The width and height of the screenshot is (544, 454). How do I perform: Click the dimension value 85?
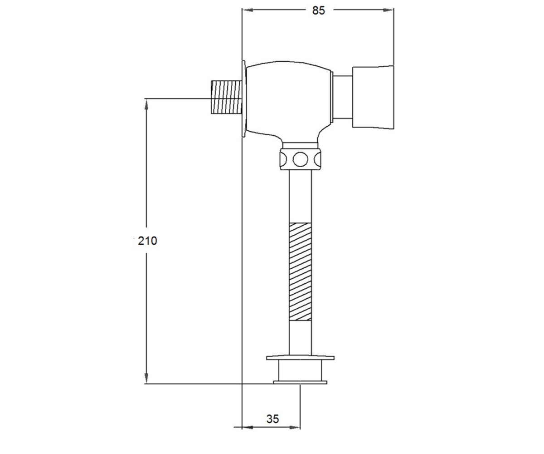318,10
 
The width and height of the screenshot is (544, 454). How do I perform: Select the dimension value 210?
147,241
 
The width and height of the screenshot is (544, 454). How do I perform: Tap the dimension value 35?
272,419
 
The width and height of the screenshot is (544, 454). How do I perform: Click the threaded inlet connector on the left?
226,97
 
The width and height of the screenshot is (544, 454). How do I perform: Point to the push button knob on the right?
373,97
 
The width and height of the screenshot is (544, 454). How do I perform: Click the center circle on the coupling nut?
301,159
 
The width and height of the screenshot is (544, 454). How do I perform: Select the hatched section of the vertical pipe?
300,271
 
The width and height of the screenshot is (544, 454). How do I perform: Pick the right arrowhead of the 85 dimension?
389,10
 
